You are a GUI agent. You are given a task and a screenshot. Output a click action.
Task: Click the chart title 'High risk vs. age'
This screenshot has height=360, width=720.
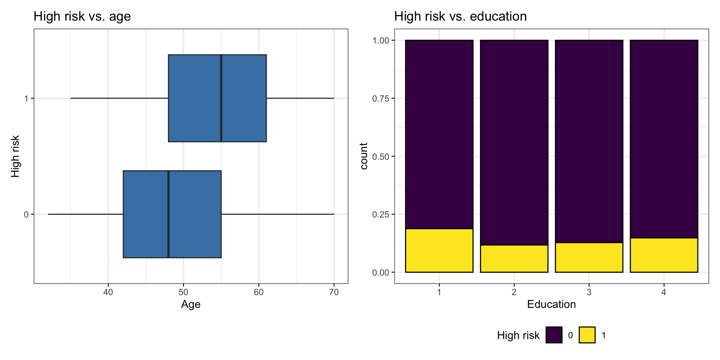[82, 16]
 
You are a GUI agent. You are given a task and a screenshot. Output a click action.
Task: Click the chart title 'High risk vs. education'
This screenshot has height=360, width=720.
[460, 16]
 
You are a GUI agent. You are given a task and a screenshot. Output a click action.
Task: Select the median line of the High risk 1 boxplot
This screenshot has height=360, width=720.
[221, 98]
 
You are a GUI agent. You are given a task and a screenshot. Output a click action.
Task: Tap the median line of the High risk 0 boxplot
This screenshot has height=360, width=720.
[168, 214]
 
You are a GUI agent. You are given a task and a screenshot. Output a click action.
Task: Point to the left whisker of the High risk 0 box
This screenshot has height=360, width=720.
[85, 214]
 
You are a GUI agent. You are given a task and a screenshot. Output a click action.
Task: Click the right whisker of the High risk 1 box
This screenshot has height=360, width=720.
[300, 98]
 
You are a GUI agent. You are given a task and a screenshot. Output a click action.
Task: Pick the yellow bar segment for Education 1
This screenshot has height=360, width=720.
[439, 250]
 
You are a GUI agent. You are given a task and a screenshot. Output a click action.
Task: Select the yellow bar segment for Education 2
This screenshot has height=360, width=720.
[514, 259]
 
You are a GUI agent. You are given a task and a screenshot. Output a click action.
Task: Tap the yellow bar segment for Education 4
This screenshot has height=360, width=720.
[664, 255]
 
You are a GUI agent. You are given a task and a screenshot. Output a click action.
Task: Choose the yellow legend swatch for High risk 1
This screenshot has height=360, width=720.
[587, 335]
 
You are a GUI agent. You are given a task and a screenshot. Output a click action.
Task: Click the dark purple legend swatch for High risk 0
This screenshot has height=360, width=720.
[554, 335]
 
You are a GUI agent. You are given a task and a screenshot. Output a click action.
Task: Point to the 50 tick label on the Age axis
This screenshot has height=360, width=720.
[183, 292]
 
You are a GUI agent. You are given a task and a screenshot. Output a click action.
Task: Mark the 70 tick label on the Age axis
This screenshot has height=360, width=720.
[334, 292]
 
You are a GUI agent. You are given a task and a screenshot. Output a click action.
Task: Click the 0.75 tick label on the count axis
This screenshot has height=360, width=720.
[381, 99]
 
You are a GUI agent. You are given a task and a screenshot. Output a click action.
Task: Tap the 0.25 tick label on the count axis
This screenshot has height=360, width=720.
[381, 214]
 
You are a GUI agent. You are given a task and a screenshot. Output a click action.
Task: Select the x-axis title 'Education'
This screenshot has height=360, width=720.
[551, 304]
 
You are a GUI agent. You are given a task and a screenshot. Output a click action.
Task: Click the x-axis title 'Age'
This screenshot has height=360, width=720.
[190, 304]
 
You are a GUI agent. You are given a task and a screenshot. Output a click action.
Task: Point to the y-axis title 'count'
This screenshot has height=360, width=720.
[364, 156]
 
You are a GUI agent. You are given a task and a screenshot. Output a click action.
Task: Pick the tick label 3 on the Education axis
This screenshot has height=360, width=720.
[589, 292]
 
